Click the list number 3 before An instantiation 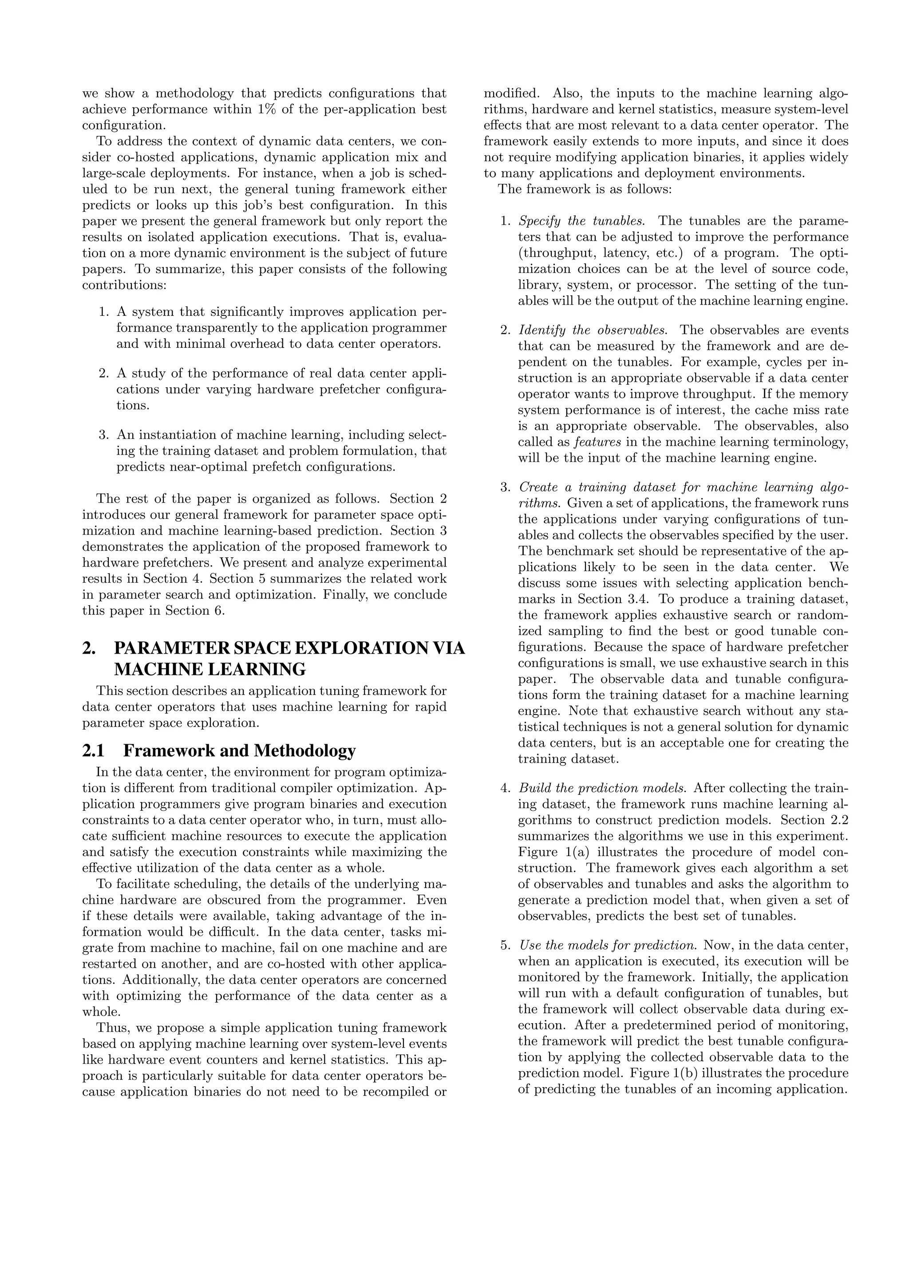point(103,435)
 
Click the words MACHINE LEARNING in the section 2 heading point(210,669)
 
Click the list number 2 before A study point(103,373)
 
